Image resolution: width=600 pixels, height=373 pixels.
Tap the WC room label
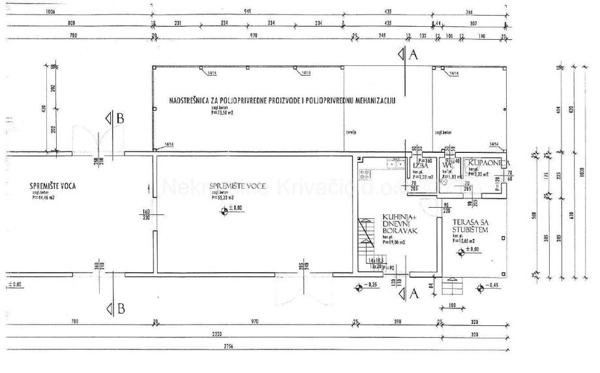point(447,165)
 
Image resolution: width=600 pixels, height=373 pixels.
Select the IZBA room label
point(420,166)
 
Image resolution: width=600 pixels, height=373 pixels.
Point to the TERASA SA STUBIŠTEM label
point(468,226)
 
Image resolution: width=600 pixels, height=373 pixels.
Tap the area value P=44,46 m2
point(43,197)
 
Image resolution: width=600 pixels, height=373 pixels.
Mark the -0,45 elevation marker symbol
point(480,287)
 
